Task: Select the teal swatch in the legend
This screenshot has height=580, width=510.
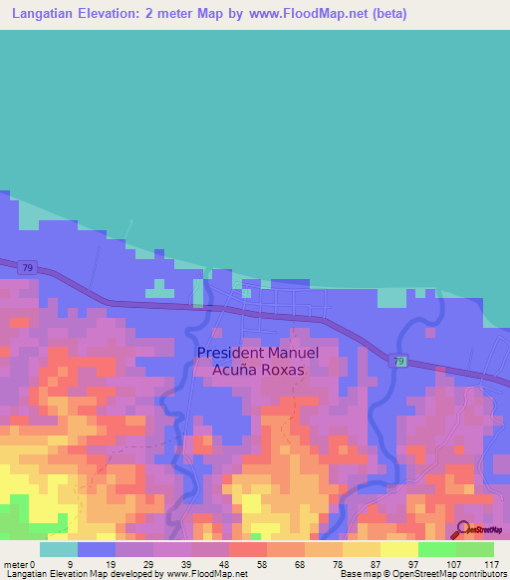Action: click(x=59, y=549)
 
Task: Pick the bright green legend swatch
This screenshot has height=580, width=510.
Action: click(x=436, y=549)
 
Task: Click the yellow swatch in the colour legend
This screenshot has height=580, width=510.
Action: click(x=398, y=549)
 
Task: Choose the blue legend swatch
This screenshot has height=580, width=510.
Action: click(x=97, y=549)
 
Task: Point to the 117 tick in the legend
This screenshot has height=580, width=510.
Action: click(x=491, y=563)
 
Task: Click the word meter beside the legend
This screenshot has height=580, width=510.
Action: click(x=17, y=563)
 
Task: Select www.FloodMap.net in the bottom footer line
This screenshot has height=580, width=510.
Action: click(x=207, y=575)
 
